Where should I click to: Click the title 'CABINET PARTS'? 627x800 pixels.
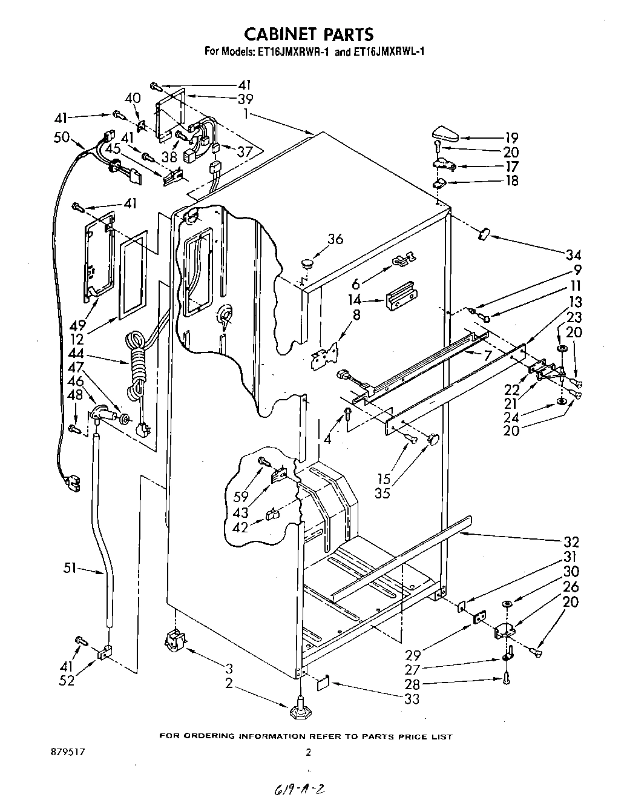[x=309, y=33]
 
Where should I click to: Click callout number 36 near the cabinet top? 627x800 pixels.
[x=335, y=239]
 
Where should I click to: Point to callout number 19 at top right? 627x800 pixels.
[x=511, y=138]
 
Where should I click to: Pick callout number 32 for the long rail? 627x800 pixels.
[x=571, y=541]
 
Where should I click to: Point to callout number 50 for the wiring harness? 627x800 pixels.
[x=62, y=137]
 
